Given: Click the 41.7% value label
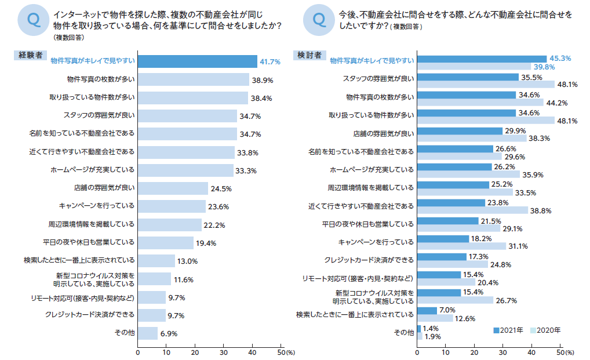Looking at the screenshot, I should pyautogui.click(x=270, y=61).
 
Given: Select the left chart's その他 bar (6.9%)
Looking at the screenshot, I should pyautogui.click(x=147, y=333).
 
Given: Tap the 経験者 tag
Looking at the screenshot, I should pyautogui.click(x=30, y=55).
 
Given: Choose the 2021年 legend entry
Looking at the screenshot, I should pyautogui.click(x=508, y=330).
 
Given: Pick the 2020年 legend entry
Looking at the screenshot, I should pyautogui.click(x=545, y=330).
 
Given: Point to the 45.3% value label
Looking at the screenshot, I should pyautogui.click(x=560, y=58).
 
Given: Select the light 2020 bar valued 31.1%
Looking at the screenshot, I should pyautogui.click(x=461, y=246).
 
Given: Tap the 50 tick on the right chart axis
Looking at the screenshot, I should pyautogui.click(x=559, y=352).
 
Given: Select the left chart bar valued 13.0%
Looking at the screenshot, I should pyautogui.click(x=156, y=260).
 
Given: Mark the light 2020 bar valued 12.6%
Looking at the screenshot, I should pyautogui.click(x=435, y=318).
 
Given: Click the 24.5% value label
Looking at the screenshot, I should pyautogui.click(x=221, y=188).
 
